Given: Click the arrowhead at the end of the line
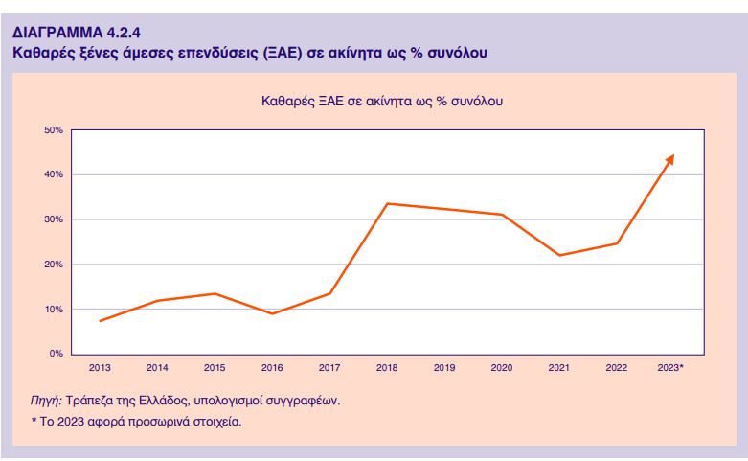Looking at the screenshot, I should (670, 158).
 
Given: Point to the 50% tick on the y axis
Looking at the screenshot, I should (54, 129).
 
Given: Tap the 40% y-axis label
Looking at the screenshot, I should (54, 174).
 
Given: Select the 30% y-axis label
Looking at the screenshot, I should (54, 219).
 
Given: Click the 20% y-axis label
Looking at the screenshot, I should (54, 265).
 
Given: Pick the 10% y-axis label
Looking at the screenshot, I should (54, 310).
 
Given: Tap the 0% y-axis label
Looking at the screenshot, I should (57, 355).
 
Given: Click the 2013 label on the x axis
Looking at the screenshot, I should (100, 368).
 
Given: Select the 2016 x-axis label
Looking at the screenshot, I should (272, 368).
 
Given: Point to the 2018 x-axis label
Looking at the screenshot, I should (387, 368).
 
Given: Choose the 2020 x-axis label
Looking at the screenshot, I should (502, 368).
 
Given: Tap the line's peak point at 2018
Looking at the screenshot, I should (387, 203).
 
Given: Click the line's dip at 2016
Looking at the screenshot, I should (272, 313).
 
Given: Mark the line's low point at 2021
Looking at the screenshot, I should (559, 255).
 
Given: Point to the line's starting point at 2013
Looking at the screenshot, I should (100, 320).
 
